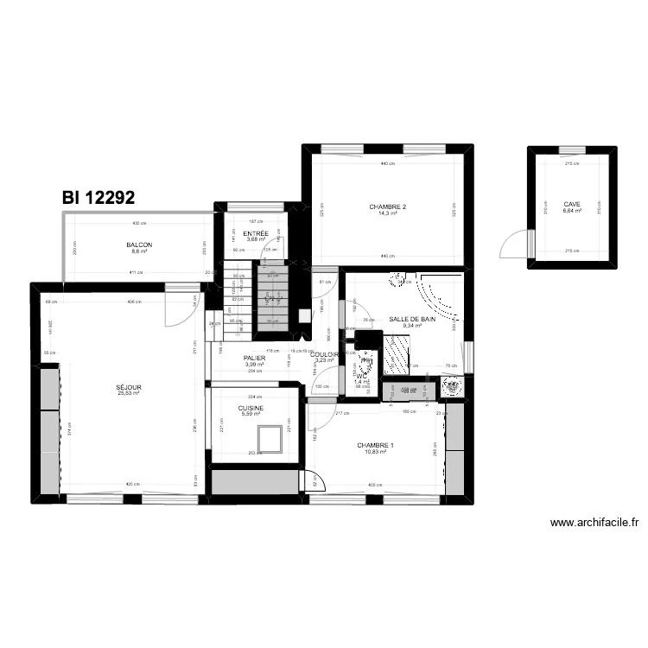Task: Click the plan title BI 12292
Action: tap(98, 198)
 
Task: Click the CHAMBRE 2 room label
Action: tap(387, 207)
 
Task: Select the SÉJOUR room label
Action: tap(129, 387)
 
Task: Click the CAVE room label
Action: tap(572, 204)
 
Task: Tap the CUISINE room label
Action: tap(251, 408)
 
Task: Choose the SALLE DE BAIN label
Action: tap(410, 318)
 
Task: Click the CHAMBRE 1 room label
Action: tap(376, 446)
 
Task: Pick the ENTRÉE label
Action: tap(256, 234)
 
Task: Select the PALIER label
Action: tap(254, 358)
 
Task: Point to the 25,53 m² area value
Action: tap(129, 393)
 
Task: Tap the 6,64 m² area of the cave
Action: tap(572, 210)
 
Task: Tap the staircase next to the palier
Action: tap(274, 298)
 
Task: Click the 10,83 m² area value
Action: tap(376, 452)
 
